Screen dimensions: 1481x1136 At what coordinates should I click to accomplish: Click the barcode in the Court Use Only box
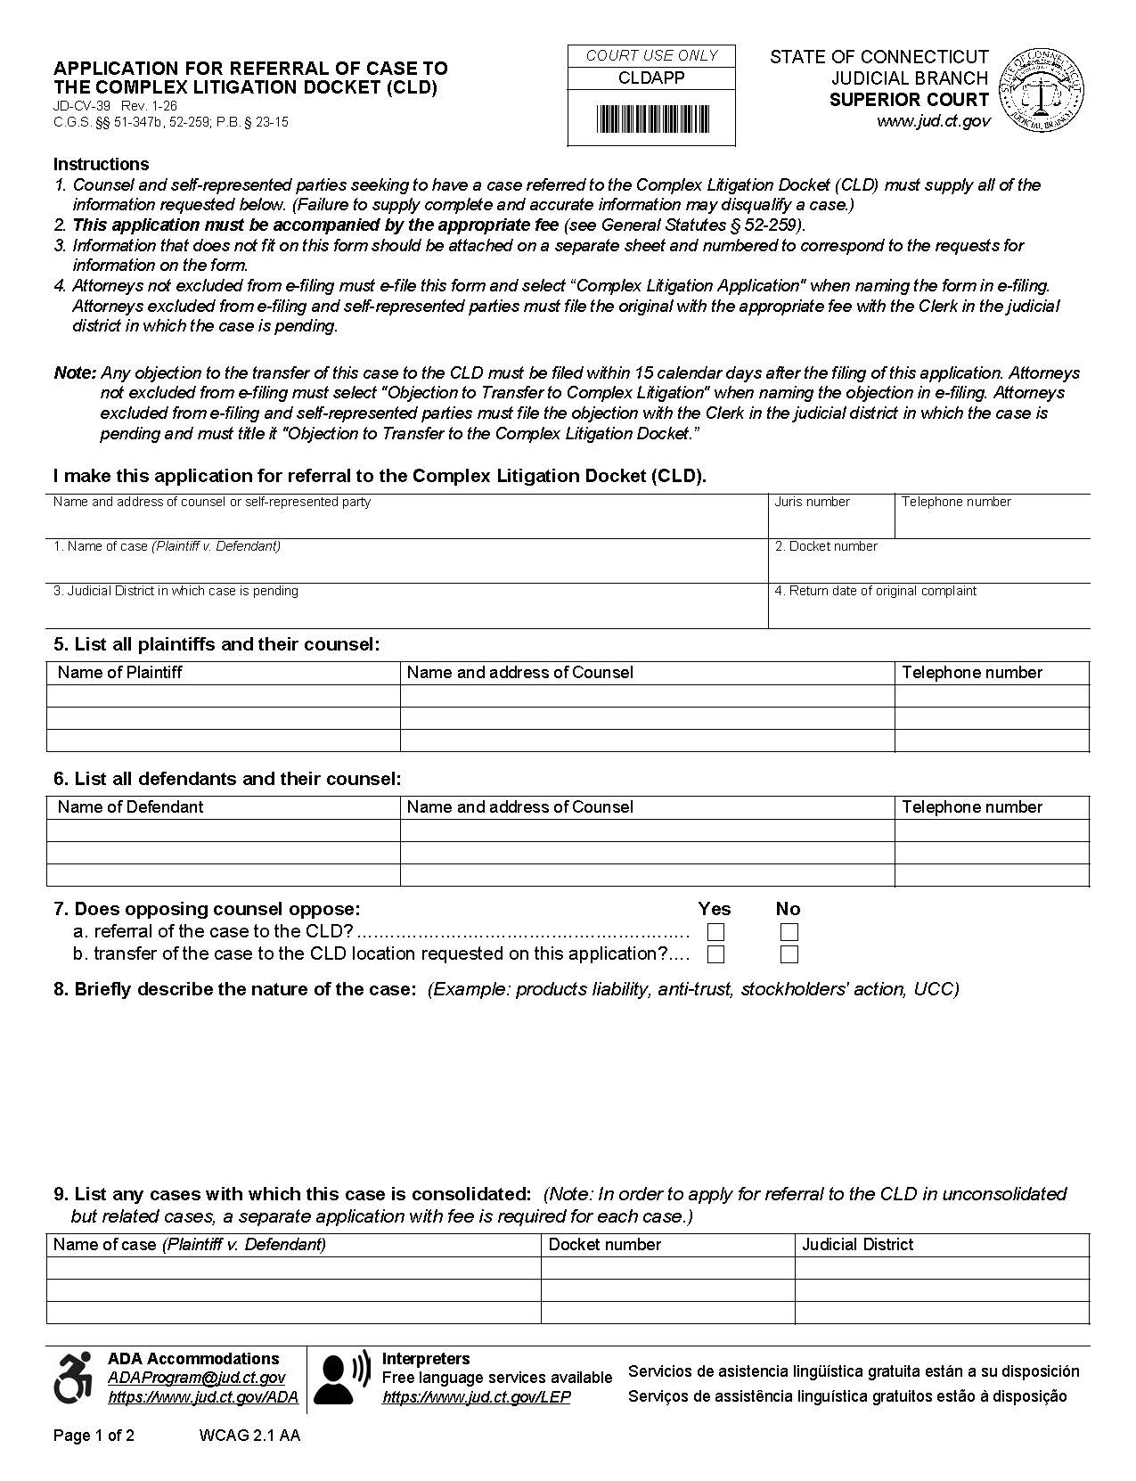click(652, 119)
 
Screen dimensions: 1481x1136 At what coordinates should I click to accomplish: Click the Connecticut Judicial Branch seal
click(1042, 90)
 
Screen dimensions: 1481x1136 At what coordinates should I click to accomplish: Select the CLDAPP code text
click(651, 78)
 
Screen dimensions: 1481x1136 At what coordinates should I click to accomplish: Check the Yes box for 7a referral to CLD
click(715, 933)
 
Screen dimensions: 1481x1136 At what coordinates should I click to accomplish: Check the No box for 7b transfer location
click(789, 955)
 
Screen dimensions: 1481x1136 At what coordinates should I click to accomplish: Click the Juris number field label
click(812, 502)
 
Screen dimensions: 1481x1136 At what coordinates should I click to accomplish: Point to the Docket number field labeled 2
click(826, 546)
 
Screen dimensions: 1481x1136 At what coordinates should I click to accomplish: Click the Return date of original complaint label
click(876, 591)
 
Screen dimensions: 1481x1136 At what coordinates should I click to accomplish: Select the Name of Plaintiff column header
click(119, 673)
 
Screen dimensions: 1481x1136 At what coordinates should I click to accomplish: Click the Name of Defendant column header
click(130, 807)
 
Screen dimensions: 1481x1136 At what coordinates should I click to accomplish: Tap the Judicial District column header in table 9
click(857, 1245)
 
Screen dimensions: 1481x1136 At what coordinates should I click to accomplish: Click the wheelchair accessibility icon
click(73, 1378)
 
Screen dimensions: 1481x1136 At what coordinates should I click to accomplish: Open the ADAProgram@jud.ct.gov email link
click(196, 1378)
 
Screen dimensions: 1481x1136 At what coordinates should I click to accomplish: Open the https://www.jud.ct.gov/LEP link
click(476, 1397)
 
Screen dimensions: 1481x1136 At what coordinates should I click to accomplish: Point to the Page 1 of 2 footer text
click(94, 1436)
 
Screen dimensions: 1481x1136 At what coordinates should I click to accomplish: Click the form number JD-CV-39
click(81, 106)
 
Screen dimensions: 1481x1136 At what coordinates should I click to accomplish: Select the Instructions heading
click(101, 164)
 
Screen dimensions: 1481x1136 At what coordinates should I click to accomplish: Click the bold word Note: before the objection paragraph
click(75, 372)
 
